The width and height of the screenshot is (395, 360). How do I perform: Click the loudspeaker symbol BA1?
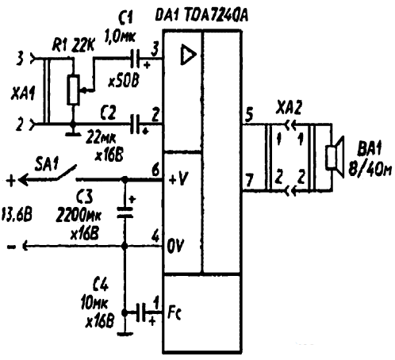pos(336,157)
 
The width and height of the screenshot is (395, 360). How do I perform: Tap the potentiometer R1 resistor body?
pos(73,90)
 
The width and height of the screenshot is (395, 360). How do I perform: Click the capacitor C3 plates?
pos(125,213)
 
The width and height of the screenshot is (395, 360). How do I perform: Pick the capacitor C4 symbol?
pos(141,312)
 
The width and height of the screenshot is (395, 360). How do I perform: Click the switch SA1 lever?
pos(65,172)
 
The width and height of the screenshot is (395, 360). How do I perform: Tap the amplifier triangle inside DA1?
pos(188,55)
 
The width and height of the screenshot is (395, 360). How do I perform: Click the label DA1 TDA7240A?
pos(201,15)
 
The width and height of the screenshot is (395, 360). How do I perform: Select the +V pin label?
pos(178,180)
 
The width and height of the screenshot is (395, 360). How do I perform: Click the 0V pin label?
pos(176,247)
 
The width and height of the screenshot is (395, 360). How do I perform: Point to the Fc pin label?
pos(174,313)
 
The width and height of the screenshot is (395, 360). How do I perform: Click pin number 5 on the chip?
pos(249,113)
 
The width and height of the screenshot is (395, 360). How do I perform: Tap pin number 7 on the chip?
pos(249,180)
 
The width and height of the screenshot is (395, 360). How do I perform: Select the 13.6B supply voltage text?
pos(17,214)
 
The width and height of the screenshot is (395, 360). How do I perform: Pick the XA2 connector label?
pos(289,107)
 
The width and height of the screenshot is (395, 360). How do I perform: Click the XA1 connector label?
pos(23,94)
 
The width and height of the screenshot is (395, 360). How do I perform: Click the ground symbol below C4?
pos(125,334)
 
